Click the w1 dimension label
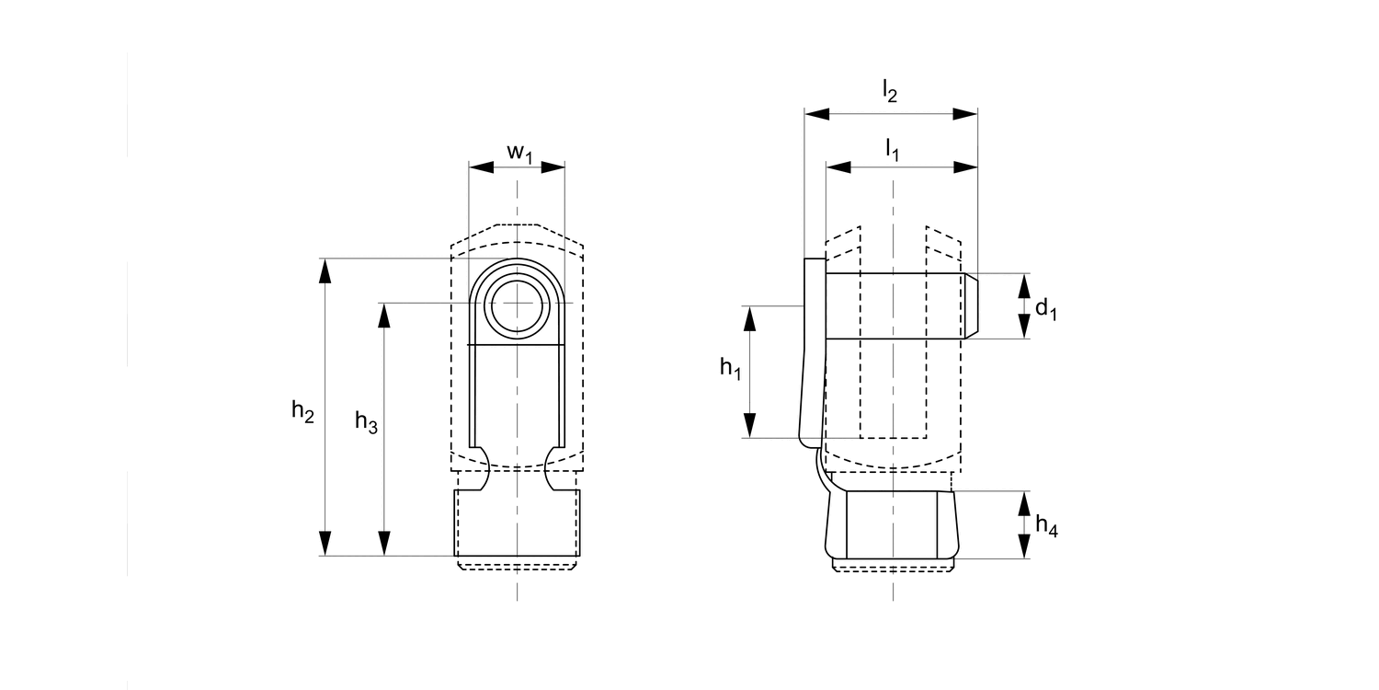coord(519,154)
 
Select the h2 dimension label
coord(302,411)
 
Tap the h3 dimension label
coord(366,422)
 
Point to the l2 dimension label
coord(890,91)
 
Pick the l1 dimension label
coord(892,150)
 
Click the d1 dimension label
coord(1046,308)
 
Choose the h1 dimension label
coord(731,368)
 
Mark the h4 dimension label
coord(1046,525)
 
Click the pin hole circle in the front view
coord(517,306)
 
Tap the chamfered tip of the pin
coord(971,305)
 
